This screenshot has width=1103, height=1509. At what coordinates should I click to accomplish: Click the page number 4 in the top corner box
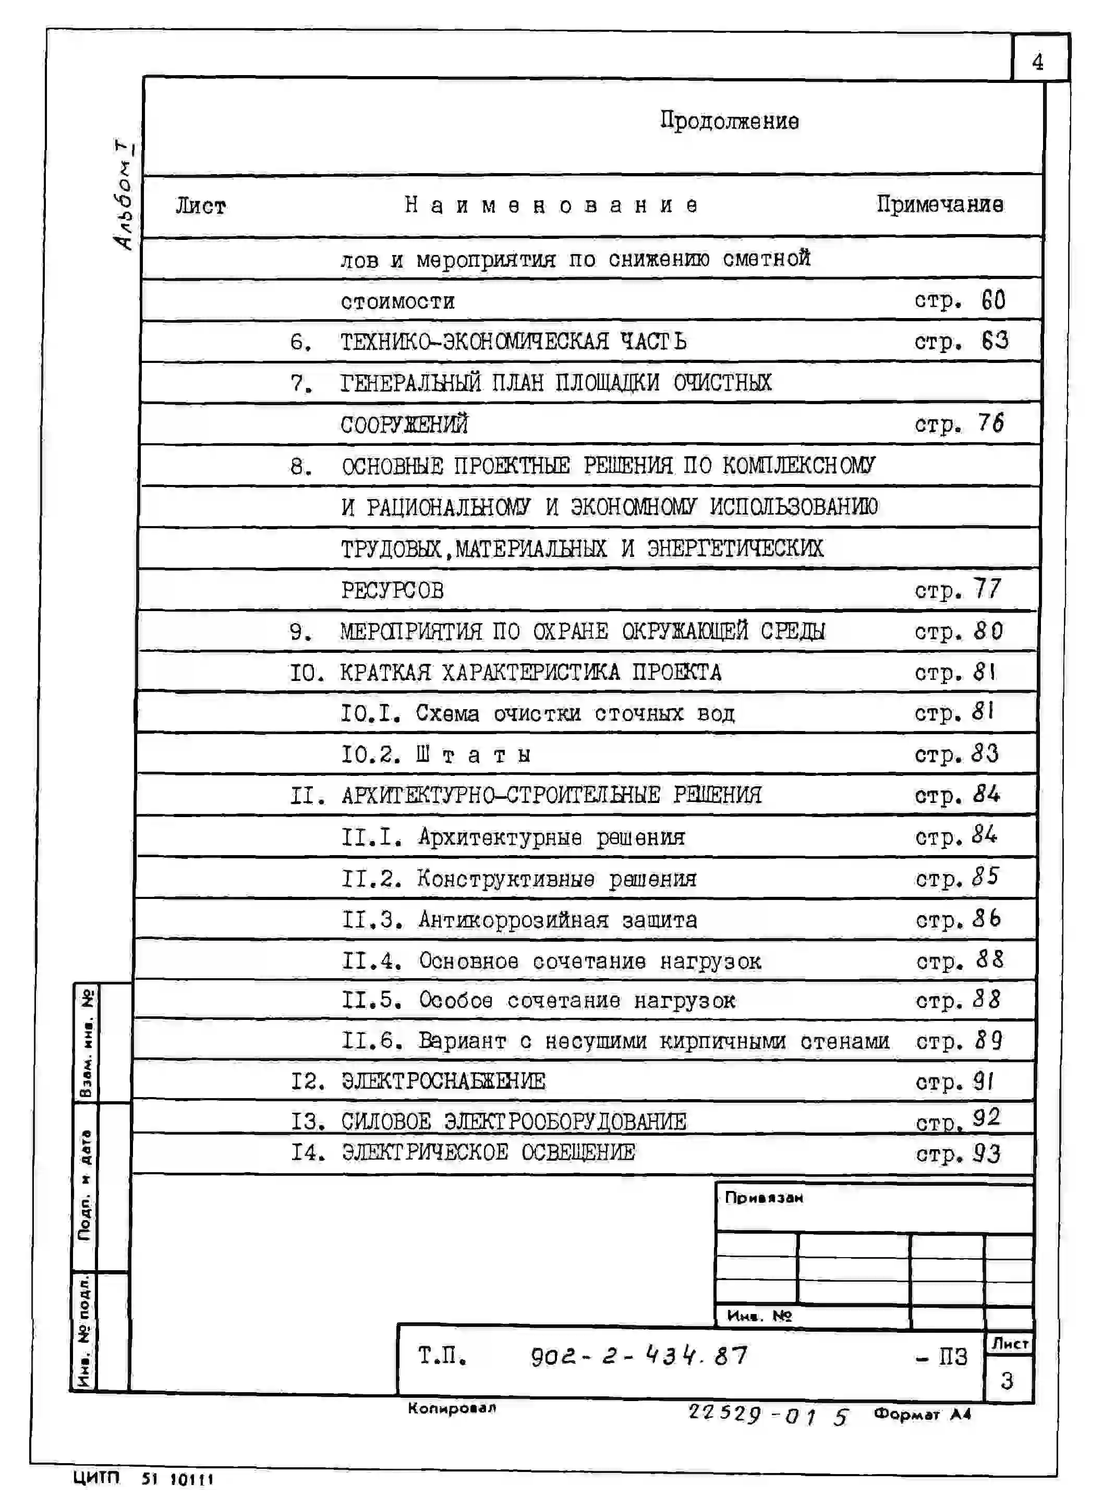(1037, 62)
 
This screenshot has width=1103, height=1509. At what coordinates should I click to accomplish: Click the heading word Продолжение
(729, 121)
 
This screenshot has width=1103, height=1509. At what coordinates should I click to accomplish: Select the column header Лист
(200, 205)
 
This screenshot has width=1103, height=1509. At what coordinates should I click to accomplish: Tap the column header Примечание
(939, 204)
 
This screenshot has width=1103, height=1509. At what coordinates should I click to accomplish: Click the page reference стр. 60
(960, 300)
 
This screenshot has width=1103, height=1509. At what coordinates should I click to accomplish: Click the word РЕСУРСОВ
(392, 590)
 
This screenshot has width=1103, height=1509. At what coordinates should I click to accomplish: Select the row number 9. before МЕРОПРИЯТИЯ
(300, 631)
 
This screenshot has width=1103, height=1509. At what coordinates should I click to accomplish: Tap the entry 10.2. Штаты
(436, 755)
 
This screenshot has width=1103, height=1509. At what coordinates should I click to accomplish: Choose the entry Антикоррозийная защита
(557, 920)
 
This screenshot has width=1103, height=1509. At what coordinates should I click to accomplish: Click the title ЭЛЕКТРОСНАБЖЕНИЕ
(443, 1081)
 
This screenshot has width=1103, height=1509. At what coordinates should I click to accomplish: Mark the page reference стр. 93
(957, 1153)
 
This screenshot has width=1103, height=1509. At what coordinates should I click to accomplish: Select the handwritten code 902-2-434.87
(639, 1356)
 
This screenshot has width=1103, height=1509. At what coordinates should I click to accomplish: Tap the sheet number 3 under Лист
(1007, 1380)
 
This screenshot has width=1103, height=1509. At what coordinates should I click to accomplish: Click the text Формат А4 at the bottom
(922, 1414)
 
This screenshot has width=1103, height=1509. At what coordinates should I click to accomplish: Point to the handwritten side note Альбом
(124, 196)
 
